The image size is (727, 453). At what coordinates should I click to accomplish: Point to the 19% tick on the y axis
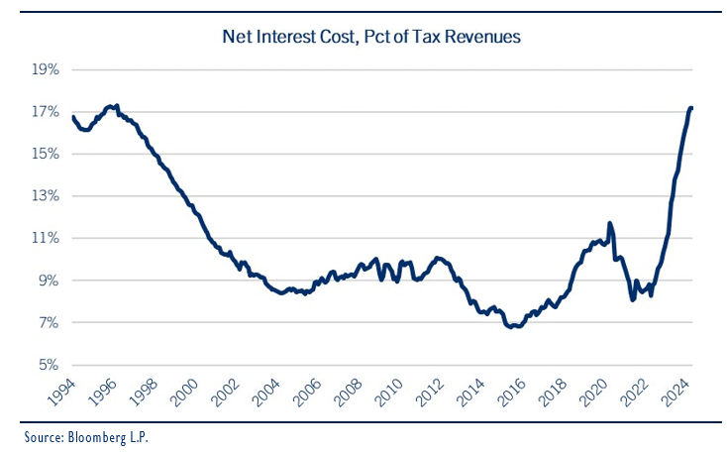(47, 70)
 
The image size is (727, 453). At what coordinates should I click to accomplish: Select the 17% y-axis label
(47, 112)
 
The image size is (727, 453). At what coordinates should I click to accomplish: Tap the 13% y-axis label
(47, 196)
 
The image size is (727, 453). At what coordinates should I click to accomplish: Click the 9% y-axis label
(49, 282)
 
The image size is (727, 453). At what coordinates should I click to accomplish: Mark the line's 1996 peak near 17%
(116, 105)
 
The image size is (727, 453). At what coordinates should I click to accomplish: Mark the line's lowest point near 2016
(512, 326)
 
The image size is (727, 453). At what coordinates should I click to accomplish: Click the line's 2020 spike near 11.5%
(610, 223)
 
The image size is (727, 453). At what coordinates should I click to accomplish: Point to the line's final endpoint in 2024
(691, 107)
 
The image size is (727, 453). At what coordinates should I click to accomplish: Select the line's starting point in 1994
(73, 117)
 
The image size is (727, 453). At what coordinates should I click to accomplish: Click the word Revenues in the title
(486, 37)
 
